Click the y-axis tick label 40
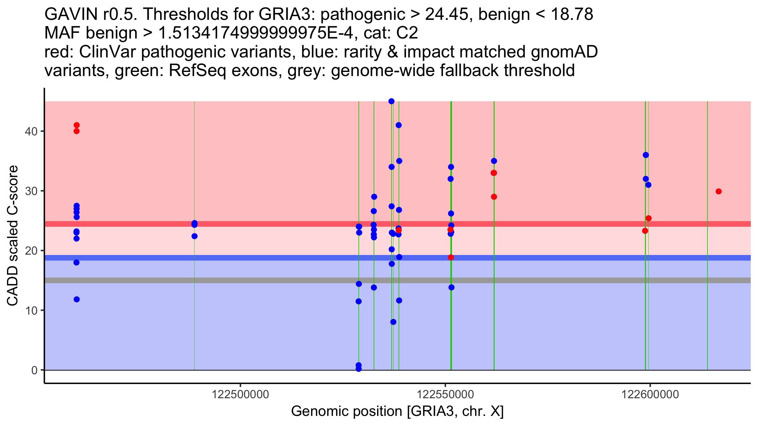(31, 131)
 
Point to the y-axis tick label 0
(34, 370)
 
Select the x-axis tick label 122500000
(240, 394)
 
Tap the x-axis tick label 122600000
(650, 394)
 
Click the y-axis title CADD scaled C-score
(13, 236)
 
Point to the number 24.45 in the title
(449, 15)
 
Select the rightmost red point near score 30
(719, 192)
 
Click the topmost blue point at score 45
(391, 101)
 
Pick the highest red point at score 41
(76, 125)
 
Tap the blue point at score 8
(393, 322)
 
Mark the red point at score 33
(494, 173)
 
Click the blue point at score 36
(646, 155)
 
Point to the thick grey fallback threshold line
(221, 280)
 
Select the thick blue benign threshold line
(221, 258)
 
